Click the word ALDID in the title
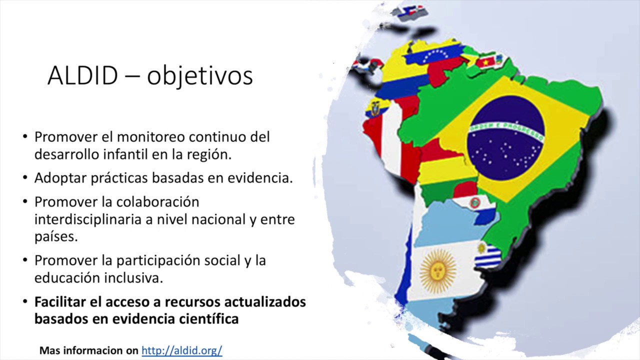82,75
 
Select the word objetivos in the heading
200,76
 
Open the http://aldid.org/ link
181,350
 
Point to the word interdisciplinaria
87,219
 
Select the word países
56,236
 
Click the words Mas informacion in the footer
89,350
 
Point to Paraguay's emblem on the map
474,202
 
